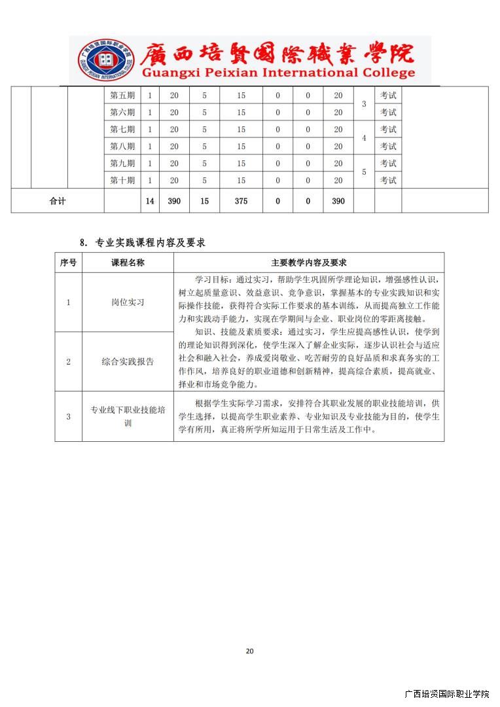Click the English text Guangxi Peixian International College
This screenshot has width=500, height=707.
point(278,73)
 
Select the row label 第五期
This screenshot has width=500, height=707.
point(122,96)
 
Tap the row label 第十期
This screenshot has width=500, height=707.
point(122,181)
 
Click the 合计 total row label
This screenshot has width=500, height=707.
point(58,201)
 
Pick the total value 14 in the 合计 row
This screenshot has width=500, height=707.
point(150,201)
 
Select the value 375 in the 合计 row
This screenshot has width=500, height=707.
point(241,201)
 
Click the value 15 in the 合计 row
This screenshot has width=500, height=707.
point(205,201)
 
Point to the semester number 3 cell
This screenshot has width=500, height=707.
point(364,104)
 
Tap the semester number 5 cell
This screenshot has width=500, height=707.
point(364,172)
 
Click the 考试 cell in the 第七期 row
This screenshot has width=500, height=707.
point(388,130)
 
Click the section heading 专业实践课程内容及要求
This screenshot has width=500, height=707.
point(151,243)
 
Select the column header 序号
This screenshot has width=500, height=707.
point(68,263)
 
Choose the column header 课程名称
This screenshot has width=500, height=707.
point(128,263)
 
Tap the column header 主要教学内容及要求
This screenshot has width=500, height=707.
point(308,263)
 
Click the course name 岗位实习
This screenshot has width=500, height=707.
point(128,302)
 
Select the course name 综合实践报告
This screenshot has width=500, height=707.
point(128,361)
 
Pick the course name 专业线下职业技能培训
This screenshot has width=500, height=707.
point(128,416)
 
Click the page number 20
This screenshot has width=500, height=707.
point(249,651)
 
